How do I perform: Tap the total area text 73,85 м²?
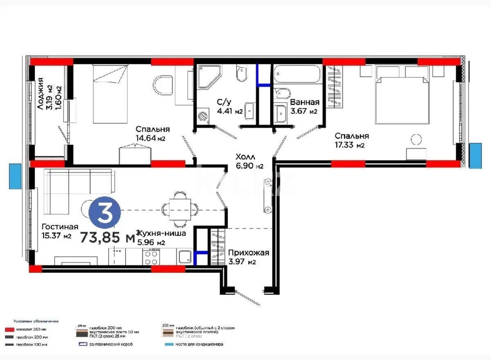(108, 237)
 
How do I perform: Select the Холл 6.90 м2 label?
(249, 161)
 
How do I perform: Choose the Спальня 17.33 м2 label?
(351, 140)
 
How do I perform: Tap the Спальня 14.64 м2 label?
(153, 134)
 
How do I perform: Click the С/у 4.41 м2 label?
(230, 106)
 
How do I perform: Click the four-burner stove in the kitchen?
(151, 257)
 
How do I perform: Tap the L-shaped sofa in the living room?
(74, 188)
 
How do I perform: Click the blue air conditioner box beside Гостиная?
(15, 176)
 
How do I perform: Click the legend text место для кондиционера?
(199, 344)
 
